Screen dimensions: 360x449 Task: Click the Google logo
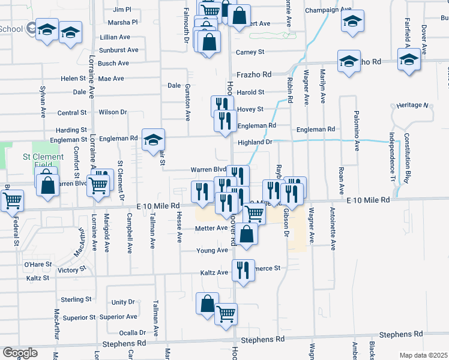coord(20,353)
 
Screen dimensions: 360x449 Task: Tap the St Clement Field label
coord(43,161)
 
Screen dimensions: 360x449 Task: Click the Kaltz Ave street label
coord(214,273)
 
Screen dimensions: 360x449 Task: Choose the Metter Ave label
coord(211,229)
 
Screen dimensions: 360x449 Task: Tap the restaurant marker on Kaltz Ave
coord(243,269)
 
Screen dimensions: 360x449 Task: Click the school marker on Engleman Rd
coord(153,140)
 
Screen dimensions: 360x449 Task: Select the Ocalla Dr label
coord(133,332)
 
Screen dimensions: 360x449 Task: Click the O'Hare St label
coord(38,265)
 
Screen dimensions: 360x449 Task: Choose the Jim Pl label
coord(122,10)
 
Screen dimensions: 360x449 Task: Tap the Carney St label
coord(250,52)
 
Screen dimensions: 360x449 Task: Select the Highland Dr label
coord(255,142)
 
